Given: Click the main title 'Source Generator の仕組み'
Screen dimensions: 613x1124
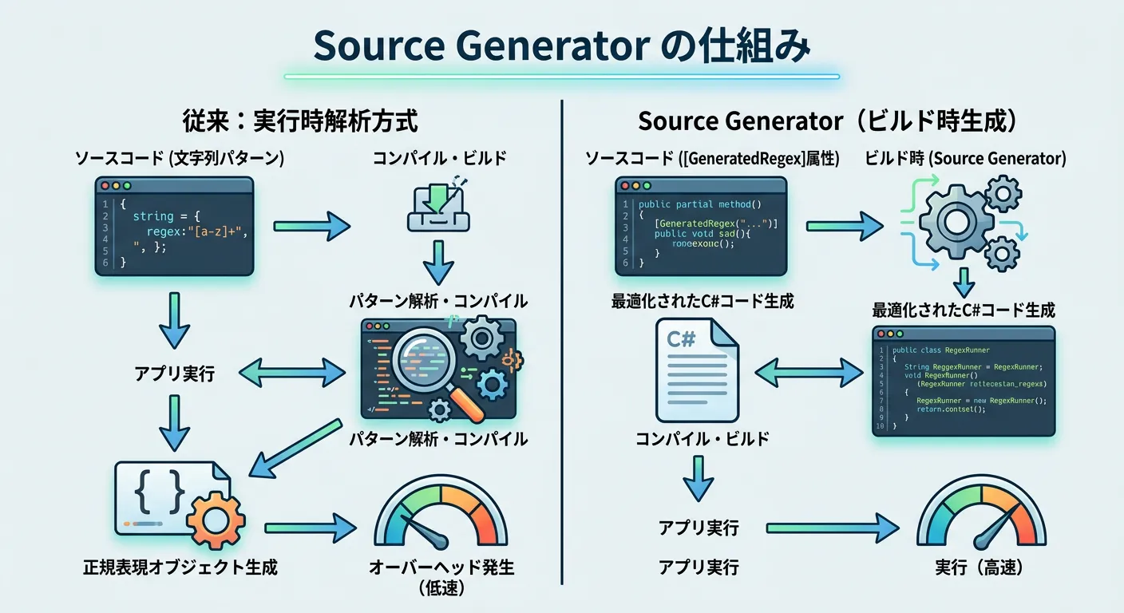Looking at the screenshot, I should [x=561, y=45].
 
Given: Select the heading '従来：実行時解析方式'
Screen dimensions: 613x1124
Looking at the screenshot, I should [x=300, y=121].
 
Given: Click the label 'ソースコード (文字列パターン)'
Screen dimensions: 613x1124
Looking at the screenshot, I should [x=180, y=158].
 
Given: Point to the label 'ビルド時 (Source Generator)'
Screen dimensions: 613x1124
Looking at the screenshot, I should [x=965, y=158].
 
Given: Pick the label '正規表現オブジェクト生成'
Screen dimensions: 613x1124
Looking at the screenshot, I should [x=180, y=568].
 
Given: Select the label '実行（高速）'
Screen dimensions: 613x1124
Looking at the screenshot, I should [x=980, y=568].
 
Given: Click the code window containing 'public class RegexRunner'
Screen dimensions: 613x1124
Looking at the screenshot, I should [x=964, y=381].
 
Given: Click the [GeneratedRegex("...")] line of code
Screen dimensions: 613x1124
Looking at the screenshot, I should [x=714, y=223].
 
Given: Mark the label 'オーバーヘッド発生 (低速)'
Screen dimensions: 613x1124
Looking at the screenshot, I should [x=441, y=577].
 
